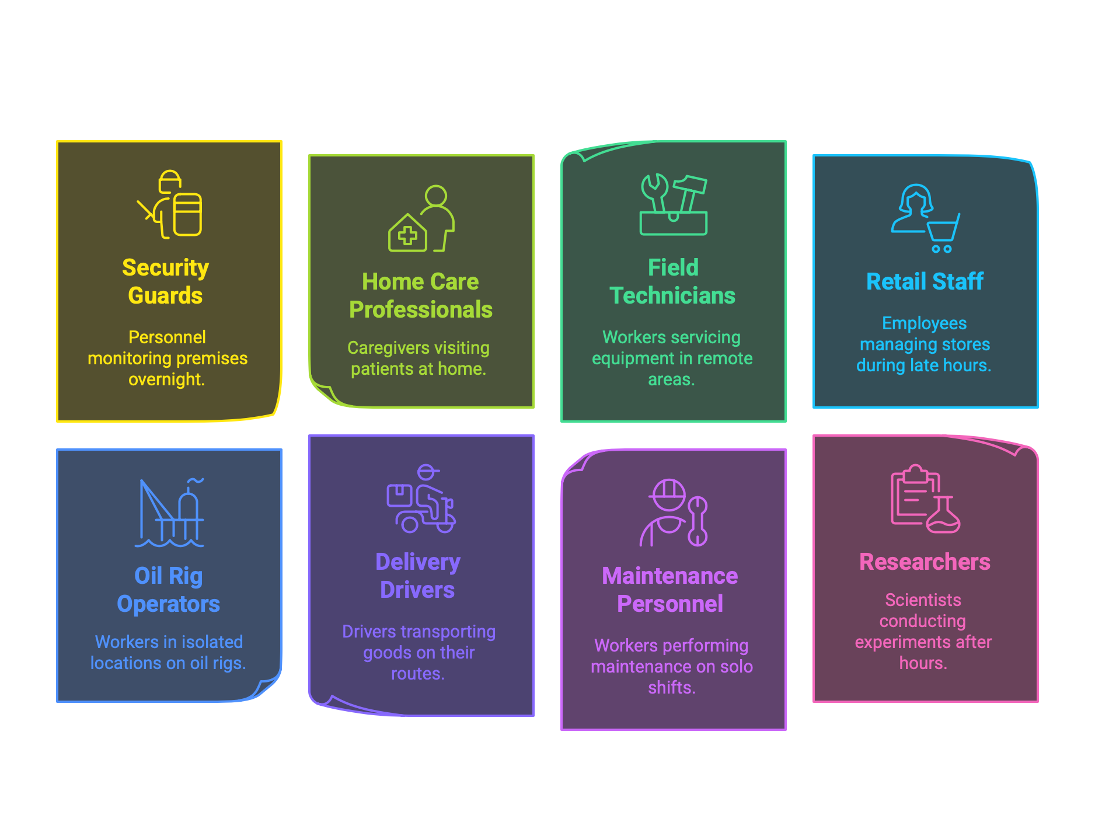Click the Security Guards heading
(166, 281)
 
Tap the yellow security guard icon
(170, 204)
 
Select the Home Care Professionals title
(420, 295)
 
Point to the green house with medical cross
(407, 234)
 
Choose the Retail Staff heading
(925, 281)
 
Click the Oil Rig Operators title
(169, 590)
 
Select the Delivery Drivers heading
(418, 576)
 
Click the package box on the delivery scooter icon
(399, 496)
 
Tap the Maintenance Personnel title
(670, 590)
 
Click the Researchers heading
(925, 562)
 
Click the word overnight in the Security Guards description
(166, 379)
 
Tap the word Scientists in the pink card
(923, 600)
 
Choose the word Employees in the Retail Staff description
(924, 323)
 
